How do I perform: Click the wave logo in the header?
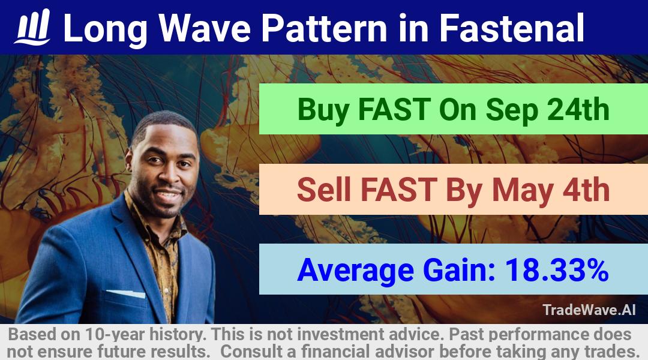click(x=32, y=27)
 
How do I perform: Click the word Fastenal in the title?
click(x=511, y=28)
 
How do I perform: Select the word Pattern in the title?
click(x=324, y=28)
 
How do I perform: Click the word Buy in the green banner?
click(x=323, y=110)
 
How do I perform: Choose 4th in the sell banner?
click(x=586, y=190)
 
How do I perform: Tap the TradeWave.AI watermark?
click(x=589, y=310)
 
